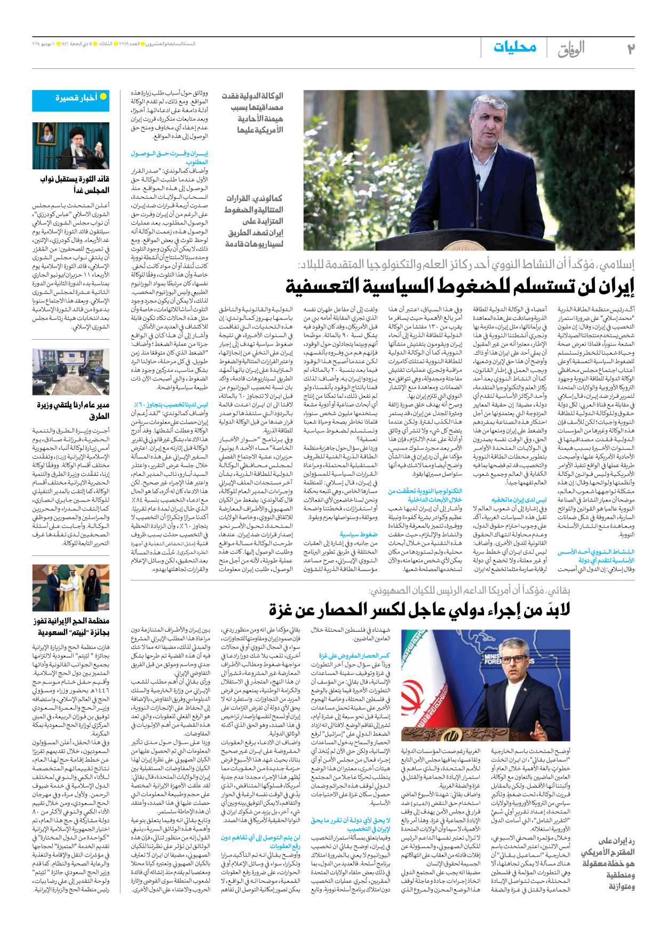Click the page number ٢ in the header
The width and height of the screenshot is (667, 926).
coord(630,49)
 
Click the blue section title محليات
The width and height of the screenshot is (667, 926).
coord(514,48)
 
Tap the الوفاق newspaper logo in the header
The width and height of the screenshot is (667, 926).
coord(570,49)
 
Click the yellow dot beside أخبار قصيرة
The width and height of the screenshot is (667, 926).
coord(103,97)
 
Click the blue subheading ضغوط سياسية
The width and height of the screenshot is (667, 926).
coord(358,534)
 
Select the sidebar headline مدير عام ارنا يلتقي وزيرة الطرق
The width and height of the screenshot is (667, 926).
coord(73,410)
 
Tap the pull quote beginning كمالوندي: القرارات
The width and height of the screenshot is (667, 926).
coord(253,221)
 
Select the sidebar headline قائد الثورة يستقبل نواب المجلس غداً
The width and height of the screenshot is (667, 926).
coord(75,184)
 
